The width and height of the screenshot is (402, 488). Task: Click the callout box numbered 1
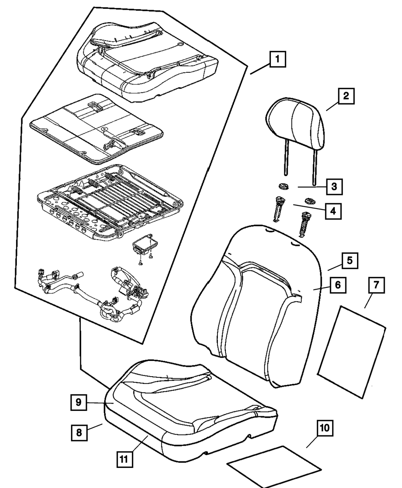pyautogui.click(x=278, y=59)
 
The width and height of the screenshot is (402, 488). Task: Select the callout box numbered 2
pyautogui.click(x=346, y=96)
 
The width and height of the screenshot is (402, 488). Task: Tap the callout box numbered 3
pyautogui.click(x=334, y=187)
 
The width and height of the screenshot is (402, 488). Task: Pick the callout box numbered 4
pyautogui.click(x=333, y=211)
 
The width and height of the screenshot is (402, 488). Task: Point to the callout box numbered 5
pyautogui.click(x=350, y=260)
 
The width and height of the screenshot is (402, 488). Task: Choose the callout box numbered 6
pyautogui.click(x=338, y=285)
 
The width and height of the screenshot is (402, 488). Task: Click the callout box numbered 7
pyautogui.click(x=377, y=285)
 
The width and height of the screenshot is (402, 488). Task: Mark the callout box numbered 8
pyautogui.click(x=79, y=433)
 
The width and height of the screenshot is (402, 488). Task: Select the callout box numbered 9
pyautogui.click(x=78, y=402)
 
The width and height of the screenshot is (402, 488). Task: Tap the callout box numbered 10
pyautogui.click(x=325, y=428)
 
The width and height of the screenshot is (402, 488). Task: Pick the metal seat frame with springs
pyautogui.click(x=110, y=202)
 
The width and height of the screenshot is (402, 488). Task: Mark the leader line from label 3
pyautogui.click(x=312, y=187)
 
